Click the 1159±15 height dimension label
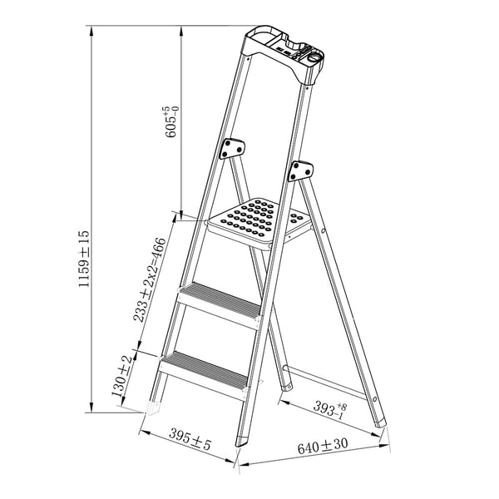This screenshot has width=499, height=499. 84,259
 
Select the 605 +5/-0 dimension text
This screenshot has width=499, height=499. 171,122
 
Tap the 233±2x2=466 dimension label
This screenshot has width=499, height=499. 149,279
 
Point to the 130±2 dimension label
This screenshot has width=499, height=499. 122,376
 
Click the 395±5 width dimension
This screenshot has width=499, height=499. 190,439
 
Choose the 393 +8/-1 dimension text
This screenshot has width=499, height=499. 330,409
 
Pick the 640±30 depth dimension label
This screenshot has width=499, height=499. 323,446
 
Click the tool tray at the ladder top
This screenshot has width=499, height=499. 284,54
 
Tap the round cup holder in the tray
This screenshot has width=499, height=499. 315,58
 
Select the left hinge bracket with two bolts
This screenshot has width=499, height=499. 232,149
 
